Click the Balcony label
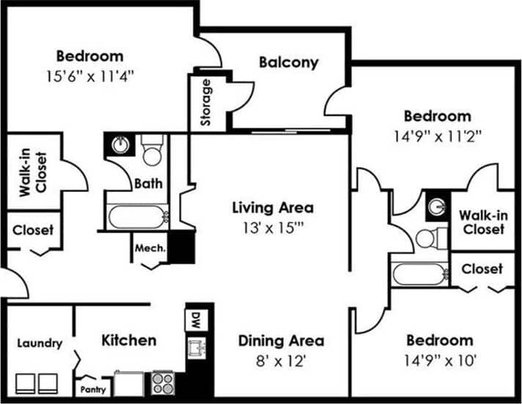[289, 62]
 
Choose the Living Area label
[273, 207]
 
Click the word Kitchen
[128, 340]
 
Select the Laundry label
[39, 343]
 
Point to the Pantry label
[93, 389]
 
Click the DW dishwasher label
[195, 320]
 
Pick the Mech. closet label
[150, 248]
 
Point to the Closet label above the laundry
[32, 229]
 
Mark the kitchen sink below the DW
[195, 348]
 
